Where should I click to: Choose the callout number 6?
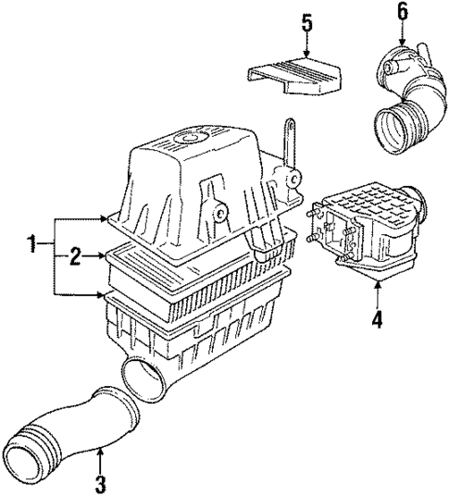click(x=401, y=11)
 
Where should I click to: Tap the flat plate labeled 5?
click(x=296, y=76)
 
